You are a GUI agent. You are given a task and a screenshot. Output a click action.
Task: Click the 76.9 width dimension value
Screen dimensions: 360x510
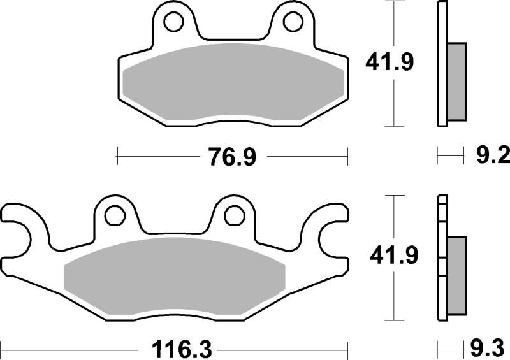[x=233, y=156]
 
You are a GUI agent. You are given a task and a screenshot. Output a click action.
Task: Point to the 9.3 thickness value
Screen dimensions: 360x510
[x=488, y=349]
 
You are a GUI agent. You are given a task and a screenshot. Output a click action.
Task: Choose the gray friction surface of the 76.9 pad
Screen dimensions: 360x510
[x=233, y=83]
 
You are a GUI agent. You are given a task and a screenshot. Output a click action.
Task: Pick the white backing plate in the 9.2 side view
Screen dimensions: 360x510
[x=441, y=64]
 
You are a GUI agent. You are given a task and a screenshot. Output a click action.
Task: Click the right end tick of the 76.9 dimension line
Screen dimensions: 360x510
[x=347, y=155]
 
